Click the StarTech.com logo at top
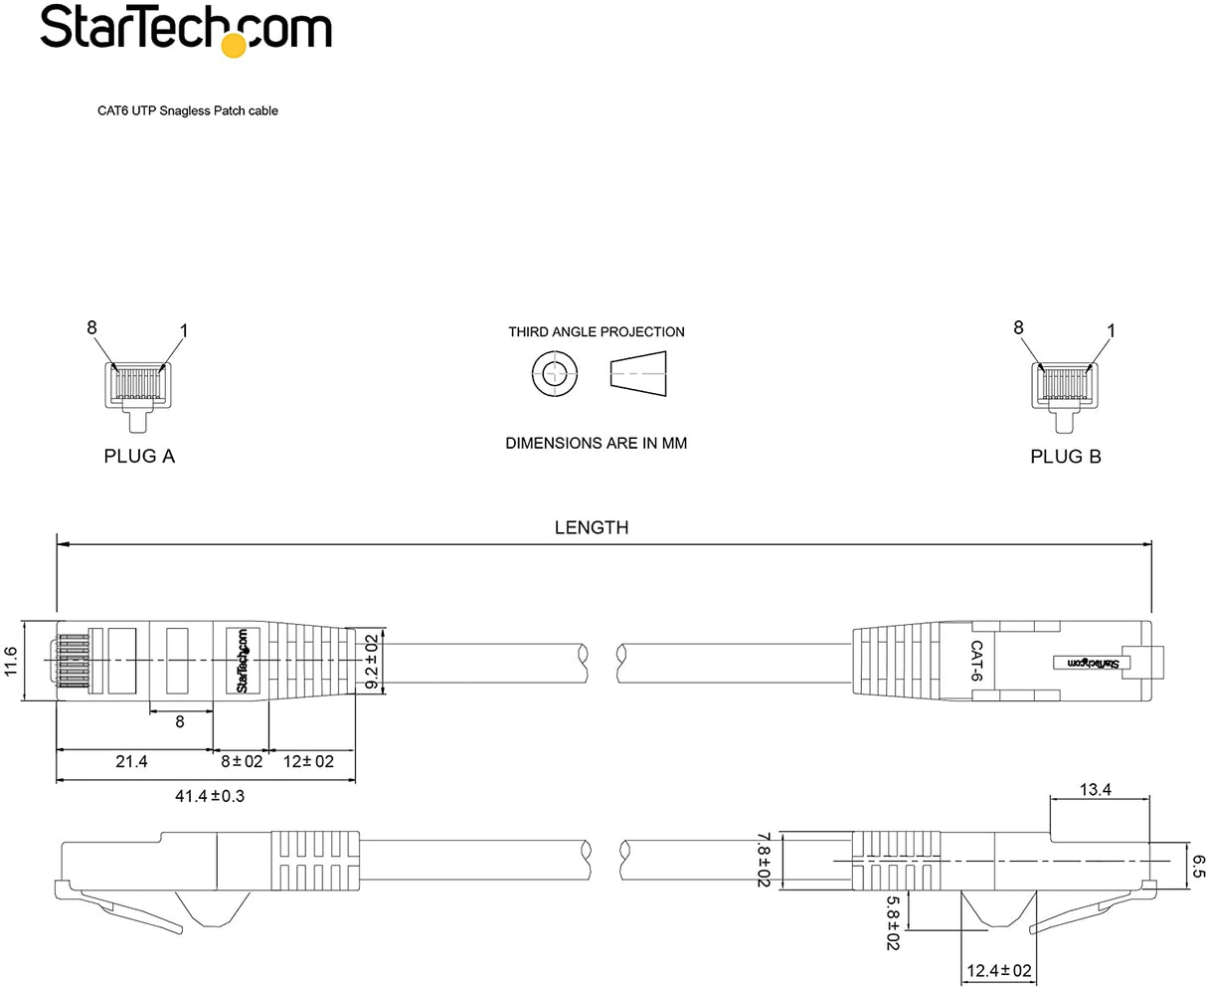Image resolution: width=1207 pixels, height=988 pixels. (185, 29)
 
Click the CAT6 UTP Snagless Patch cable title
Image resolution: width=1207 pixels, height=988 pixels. (186, 111)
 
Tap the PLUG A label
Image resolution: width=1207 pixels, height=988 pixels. (139, 457)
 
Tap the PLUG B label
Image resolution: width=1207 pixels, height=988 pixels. (1065, 457)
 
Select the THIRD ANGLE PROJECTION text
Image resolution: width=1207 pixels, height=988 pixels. (597, 332)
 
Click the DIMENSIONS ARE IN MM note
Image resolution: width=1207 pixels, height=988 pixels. (597, 443)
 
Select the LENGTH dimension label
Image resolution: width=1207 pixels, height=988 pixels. (592, 527)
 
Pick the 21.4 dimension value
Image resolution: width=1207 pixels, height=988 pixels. (131, 761)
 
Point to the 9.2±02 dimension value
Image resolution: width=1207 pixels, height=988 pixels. (371, 661)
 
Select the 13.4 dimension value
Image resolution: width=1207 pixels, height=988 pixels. (1094, 790)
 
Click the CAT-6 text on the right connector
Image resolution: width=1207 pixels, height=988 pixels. (976, 660)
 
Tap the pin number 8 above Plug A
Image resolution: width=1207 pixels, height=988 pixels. (91, 327)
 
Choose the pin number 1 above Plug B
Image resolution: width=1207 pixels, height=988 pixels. (1111, 330)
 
